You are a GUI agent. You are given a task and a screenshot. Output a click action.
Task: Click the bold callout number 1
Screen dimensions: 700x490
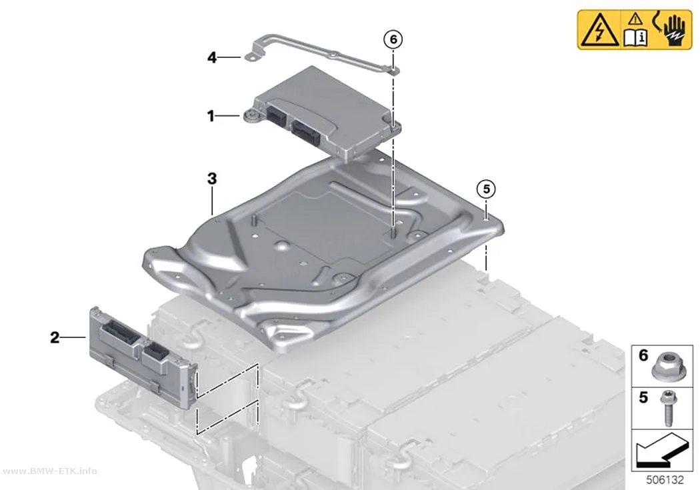(x=211, y=117)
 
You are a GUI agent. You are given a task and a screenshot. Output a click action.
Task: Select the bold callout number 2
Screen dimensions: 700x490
(x=55, y=337)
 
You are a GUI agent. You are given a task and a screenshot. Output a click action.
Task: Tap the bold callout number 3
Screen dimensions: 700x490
(x=212, y=179)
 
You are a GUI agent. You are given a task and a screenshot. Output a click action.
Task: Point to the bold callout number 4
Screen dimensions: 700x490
(x=212, y=57)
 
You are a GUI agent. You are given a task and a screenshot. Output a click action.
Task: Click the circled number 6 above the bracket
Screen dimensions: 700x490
(x=393, y=40)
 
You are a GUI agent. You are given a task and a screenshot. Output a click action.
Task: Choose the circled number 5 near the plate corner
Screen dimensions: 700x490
(x=486, y=189)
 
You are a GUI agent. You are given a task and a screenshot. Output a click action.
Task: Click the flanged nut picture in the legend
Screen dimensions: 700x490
(x=665, y=369)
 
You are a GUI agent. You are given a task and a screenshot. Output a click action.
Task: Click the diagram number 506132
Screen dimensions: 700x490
(x=665, y=480)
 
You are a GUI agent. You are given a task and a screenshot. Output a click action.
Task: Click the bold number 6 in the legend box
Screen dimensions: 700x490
(x=643, y=355)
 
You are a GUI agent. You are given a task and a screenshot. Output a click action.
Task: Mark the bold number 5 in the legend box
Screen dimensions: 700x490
(x=643, y=397)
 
